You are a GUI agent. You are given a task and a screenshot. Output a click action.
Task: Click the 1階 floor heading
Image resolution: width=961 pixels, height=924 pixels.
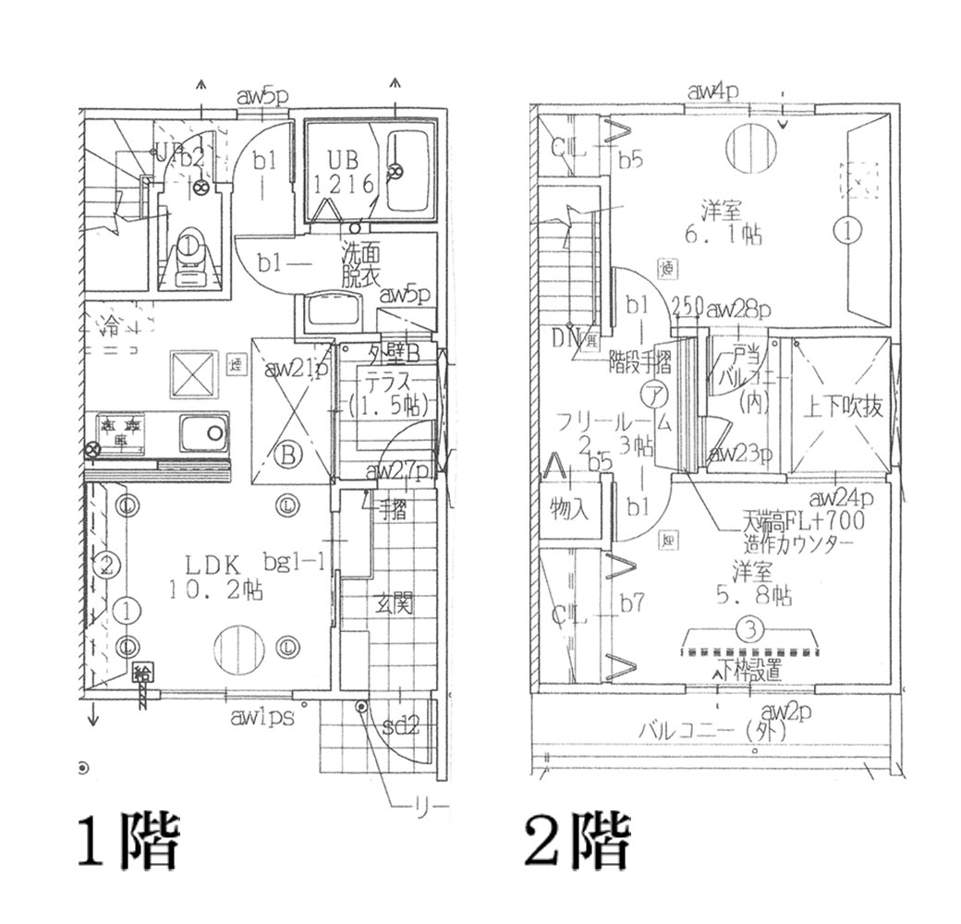click(127, 842)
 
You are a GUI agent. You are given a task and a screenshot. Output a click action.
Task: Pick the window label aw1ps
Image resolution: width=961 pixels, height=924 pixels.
click(264, 716)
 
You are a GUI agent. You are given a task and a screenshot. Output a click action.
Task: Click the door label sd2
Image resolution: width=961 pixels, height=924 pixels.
click(400, 725)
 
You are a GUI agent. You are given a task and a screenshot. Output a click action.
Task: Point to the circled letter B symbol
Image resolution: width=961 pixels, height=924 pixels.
click(288, 455)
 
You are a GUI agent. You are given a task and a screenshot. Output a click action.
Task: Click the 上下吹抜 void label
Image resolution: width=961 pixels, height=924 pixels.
click(841, 407)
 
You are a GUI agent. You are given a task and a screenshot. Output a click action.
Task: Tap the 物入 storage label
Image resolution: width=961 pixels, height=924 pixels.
click(568, 507)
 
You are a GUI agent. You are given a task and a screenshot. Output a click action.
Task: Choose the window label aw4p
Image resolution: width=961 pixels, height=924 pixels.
click(713, 91)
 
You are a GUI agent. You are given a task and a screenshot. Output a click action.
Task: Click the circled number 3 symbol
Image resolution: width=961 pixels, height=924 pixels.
click(750, 630)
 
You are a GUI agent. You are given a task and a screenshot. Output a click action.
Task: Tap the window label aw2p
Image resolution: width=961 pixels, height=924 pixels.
click(785, 711)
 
